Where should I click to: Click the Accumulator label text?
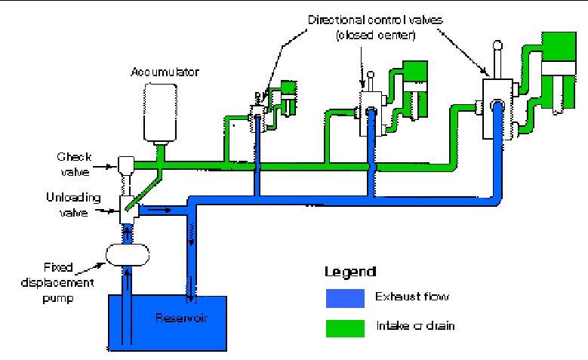[x=164, y=72]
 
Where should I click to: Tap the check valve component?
[x=125, y=164]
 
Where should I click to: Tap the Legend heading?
[x=349, y=271]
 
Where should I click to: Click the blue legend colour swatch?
[x=344, y=298]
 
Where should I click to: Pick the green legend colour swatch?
[x=344, y=327]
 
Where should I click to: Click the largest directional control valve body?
[x=498, y=112]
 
